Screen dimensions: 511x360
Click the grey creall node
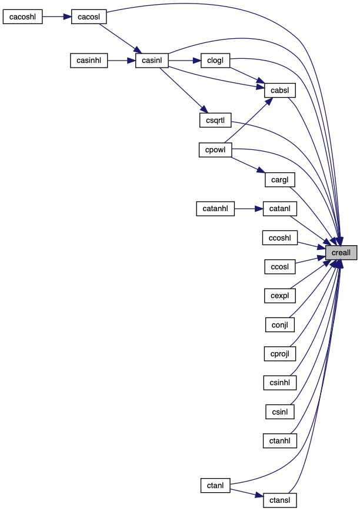341,253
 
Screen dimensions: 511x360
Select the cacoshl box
24,16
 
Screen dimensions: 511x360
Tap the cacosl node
88,16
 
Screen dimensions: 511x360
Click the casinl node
152,60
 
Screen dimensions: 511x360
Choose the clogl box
214,60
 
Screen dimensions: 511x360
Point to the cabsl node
279,91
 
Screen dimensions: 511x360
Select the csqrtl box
214,121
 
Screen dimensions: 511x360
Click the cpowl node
214,150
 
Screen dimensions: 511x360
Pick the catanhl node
215,208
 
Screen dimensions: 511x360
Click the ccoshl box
279,238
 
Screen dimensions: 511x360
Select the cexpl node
279,295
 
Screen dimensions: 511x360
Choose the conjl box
279,323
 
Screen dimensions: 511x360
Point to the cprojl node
279,353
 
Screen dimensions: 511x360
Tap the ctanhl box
279,439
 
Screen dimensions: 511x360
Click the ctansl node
279,500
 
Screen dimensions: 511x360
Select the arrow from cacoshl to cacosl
57,16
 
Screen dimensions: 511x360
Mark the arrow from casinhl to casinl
122,60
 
